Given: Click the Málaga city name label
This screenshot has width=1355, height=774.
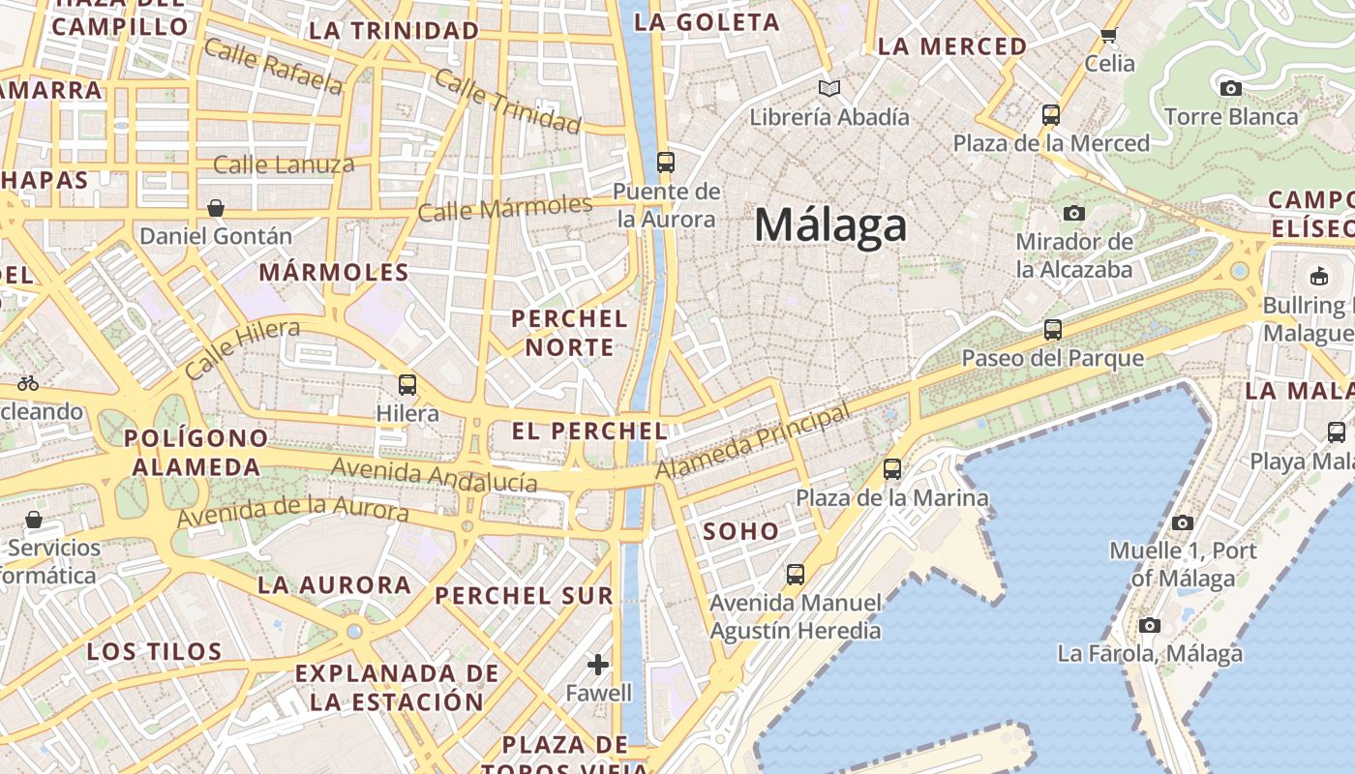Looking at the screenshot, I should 830,225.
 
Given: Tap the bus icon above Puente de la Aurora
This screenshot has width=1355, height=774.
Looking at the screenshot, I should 665,162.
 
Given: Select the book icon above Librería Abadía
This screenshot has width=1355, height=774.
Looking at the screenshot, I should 828,89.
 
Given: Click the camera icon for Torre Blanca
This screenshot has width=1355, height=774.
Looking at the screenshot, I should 1230,89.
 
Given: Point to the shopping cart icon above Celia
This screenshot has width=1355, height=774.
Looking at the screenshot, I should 1108,36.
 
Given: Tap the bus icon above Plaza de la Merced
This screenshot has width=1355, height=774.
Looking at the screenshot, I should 1050,115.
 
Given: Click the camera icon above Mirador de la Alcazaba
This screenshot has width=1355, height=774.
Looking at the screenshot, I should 1073,213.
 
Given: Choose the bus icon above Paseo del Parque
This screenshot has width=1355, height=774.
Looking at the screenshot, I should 1052,330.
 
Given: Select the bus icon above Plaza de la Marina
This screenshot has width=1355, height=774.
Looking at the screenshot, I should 891,469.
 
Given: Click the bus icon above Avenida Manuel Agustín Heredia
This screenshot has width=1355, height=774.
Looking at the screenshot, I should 795,574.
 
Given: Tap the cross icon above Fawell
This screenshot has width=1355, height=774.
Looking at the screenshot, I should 598,665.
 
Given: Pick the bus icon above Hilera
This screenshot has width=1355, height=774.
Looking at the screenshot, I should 406,385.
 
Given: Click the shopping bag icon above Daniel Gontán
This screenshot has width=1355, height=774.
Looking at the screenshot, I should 216,208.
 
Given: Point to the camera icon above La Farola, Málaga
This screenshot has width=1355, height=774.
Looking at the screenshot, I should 1149,625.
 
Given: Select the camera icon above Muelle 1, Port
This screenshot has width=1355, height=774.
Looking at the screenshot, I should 1182,522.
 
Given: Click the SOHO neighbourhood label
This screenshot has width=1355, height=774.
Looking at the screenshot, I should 740,531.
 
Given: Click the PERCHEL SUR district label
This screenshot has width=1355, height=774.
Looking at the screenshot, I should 524,596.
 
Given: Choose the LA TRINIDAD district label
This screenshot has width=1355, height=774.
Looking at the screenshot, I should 394,30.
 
